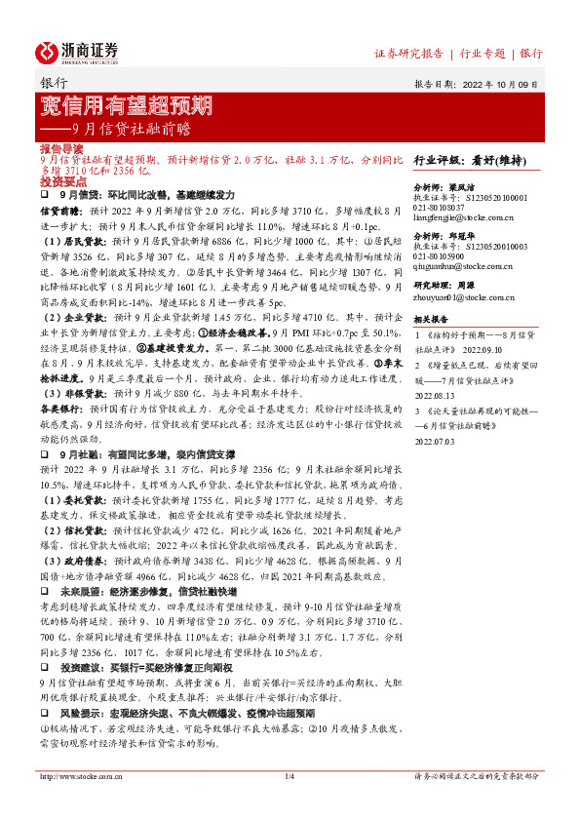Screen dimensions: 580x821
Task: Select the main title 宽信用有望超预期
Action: click(x=127, y=105)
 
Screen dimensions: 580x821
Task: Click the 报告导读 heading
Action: click(x=61, y=148)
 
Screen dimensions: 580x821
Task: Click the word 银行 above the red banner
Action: click(x=54, y=84)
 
